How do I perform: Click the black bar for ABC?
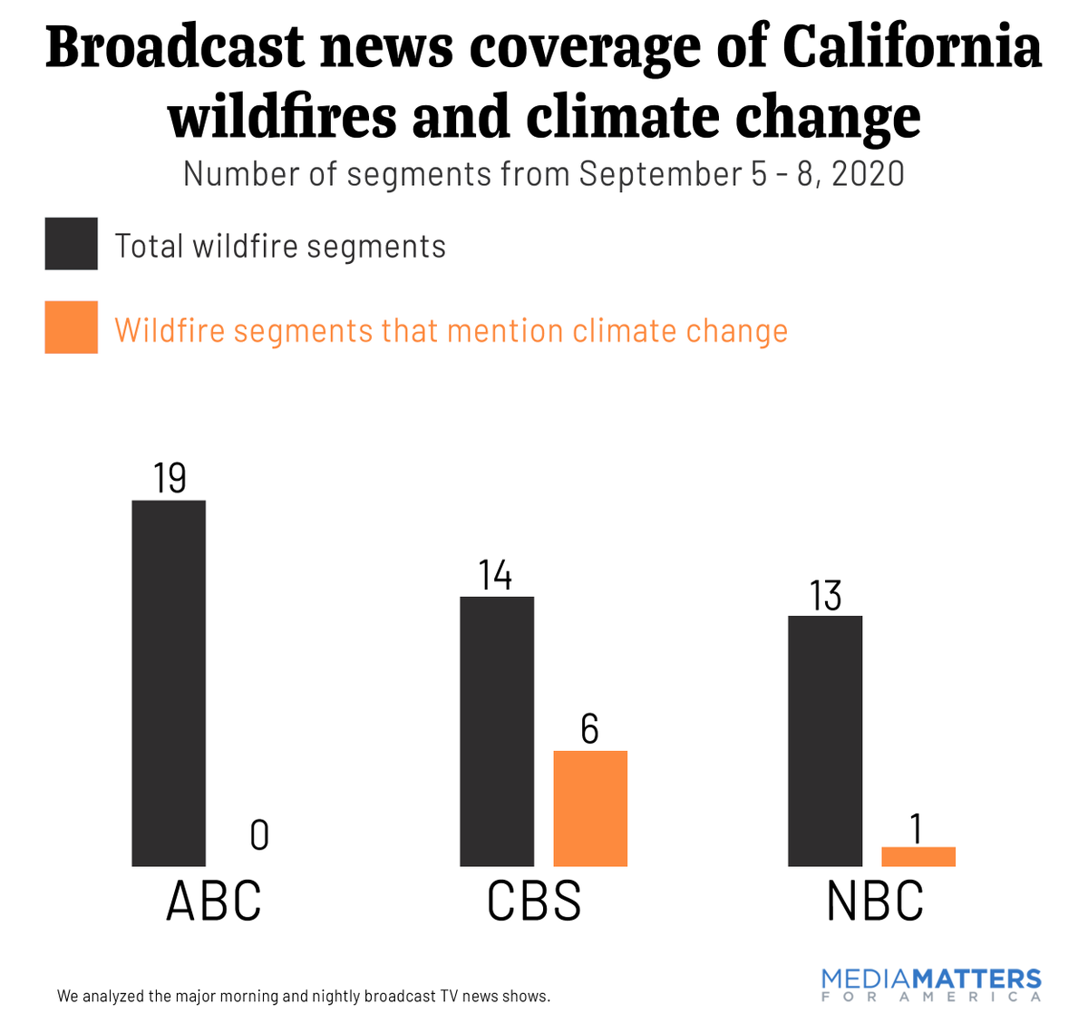pyautogui.click(x=169, y=683)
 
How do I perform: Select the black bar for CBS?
pyautogui.click(x=497, y=731)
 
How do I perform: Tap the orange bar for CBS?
pyautogui.click(x=590, y=808)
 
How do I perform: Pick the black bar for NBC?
pyautogui.click(x=825, y=741)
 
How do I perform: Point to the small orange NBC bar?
pyautogui.click(x=918, y=857)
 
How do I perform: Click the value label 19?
pyautogui.click(x=170, y=478)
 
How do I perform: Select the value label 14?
pyautogui.click(x=496, y=576)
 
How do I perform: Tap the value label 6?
pyautogui.click(x=590, y=730)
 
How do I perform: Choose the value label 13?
pyautogui.click(x=826, y=596)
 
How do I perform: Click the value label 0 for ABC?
pyautogui.click(x=259, y=835)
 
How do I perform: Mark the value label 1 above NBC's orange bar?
pyautogui.click(x=917, y=828)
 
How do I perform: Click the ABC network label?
pyautogui.click(x=214, y=901)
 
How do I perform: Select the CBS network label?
pyautogui.click(x=534, y=901)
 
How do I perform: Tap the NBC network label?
pyautogui.click(x=875, y=901)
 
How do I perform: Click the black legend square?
pyautogui.click(x=72, y=244)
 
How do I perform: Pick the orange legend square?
pyautogui.click(x=72, y=327)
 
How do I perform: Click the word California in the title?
pyautogui.click(x=912, y=47)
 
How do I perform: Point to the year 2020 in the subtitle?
pyautogui.click(x=868, y=173)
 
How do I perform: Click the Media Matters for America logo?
pyautogui.click(x=931, y=984)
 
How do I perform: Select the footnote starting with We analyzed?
pyautogui.click(x=304, y=996)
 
